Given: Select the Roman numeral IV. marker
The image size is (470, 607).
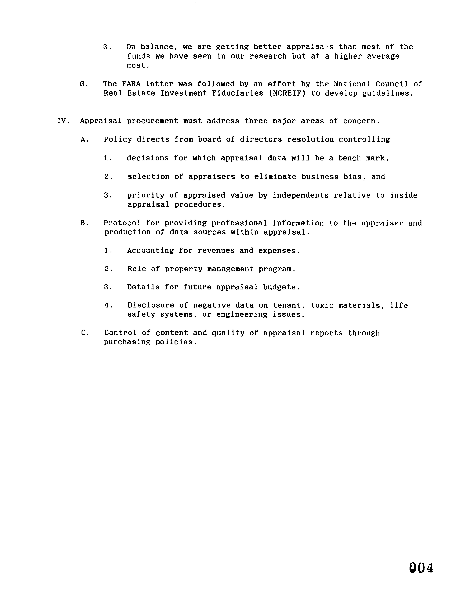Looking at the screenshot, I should click(x=63, y=121).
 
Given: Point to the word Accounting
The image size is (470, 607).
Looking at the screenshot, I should click(x=150, y=250).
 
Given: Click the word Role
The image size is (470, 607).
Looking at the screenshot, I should click(x=137, y=269).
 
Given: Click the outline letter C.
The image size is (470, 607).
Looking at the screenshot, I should click(x=85, y=333).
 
